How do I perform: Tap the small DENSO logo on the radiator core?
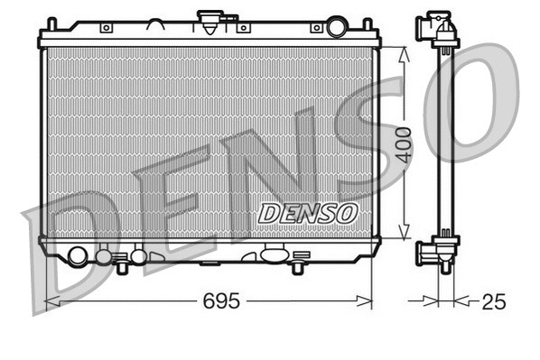[x=308, y=213]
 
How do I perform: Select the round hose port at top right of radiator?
[x=337, y=27]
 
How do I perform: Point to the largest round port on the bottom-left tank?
[x=78, y=256]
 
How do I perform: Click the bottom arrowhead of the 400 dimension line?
[x=404, y=235]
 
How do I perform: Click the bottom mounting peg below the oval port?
[x=296, y=268]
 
